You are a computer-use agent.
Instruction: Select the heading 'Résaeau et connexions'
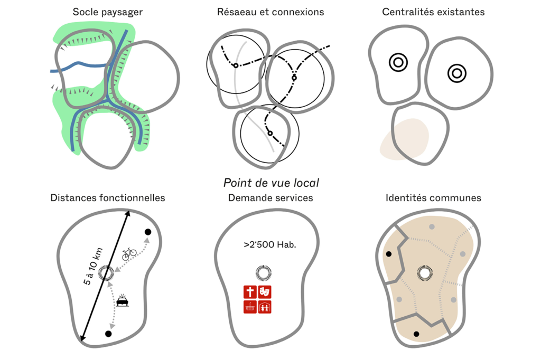tap(270, 12)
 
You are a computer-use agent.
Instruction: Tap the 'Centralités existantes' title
tap(433, 12)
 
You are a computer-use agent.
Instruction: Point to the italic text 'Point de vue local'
tap(271, 183)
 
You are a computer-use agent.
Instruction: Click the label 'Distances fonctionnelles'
tap(108, 198)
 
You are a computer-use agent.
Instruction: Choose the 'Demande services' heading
tap(270, 198)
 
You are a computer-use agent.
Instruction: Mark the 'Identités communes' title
tap(433, 198)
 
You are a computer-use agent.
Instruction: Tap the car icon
tap(123, 301)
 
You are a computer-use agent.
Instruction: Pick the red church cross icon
tap(250, 291)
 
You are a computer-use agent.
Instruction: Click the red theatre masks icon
tap(265, 291)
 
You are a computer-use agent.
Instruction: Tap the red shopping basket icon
tap(250, 307)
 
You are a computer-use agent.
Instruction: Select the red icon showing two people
tap(265, 307)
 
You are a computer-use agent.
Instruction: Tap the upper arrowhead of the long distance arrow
tap(128, 214)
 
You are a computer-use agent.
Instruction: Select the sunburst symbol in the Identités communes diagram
tap(424, 273)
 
